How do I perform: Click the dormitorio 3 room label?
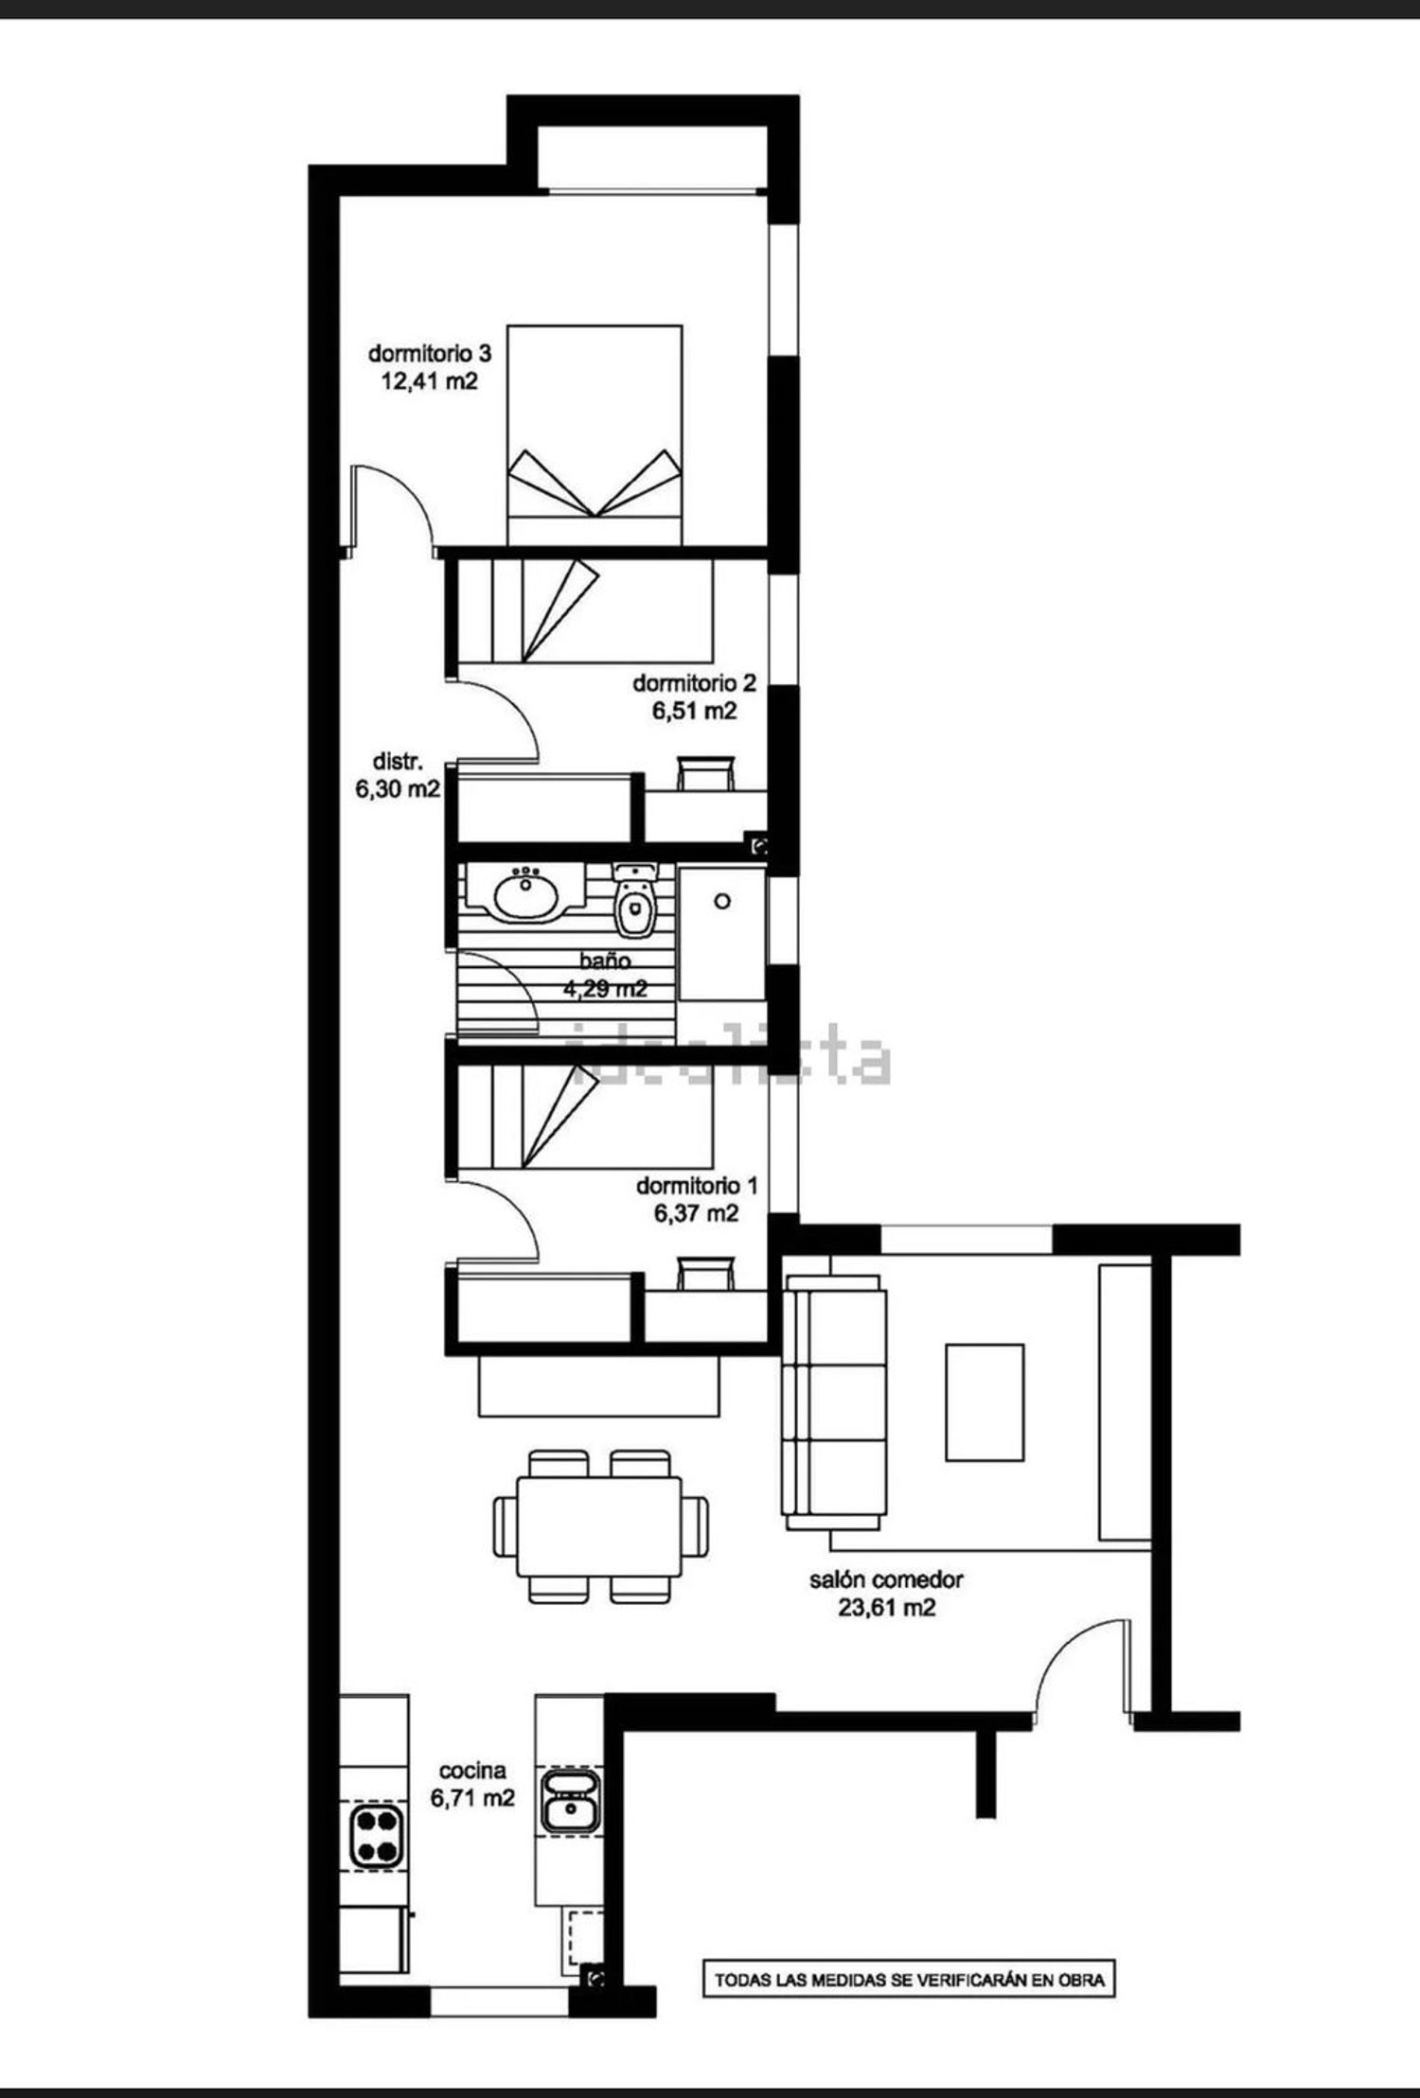[430, 354]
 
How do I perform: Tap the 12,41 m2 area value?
[430, 382]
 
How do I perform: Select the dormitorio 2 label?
[694, 682]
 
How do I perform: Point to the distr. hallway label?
[398, 761]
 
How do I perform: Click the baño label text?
[605, 961]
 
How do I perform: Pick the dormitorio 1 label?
[697, 1185]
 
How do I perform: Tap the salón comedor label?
[886, 1579]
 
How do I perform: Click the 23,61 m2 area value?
[887, 1608]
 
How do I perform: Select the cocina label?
[472, 1770]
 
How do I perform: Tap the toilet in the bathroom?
[632, 900]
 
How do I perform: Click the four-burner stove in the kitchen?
[375, 1835]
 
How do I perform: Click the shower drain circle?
[722, 901]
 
